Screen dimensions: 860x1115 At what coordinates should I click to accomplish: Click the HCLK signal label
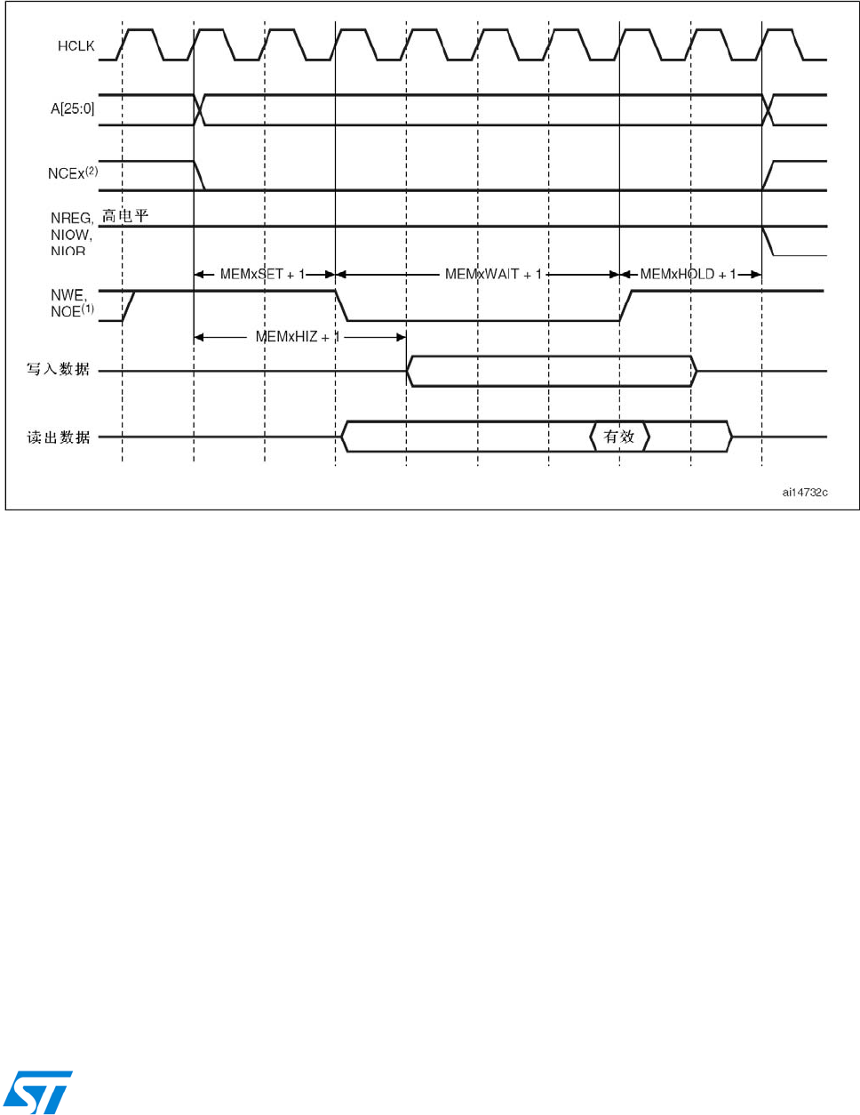tap(76, 46)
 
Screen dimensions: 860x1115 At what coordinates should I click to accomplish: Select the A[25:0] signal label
tap(72, 109)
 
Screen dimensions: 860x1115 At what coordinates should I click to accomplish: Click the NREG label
tap(71, 218)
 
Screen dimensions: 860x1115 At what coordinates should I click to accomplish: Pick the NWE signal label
tap(68, 295)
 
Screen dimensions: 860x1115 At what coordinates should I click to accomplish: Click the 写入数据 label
tap(58, 369)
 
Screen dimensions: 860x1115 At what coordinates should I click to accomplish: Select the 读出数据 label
tap(58, 437)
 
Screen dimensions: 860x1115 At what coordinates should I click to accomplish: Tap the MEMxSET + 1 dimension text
tap(262, 275)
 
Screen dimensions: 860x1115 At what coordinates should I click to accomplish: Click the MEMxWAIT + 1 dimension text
tap(493, 275)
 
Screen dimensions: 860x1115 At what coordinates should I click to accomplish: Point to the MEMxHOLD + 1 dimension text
tap(688, 275)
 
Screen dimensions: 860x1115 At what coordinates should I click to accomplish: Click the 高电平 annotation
tap(125, 216)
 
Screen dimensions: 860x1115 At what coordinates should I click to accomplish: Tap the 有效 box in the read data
tap(619, 437)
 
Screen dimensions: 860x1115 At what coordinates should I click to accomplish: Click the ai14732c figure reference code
tap(805, 492)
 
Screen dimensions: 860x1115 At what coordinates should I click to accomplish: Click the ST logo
tap(38, 1092)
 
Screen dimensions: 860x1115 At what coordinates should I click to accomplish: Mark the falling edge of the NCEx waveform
tap(200, 175)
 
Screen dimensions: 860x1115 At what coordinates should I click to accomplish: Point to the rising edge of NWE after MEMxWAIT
tap(625, 305)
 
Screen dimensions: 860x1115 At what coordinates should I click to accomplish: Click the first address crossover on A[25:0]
tap(200, 109)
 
